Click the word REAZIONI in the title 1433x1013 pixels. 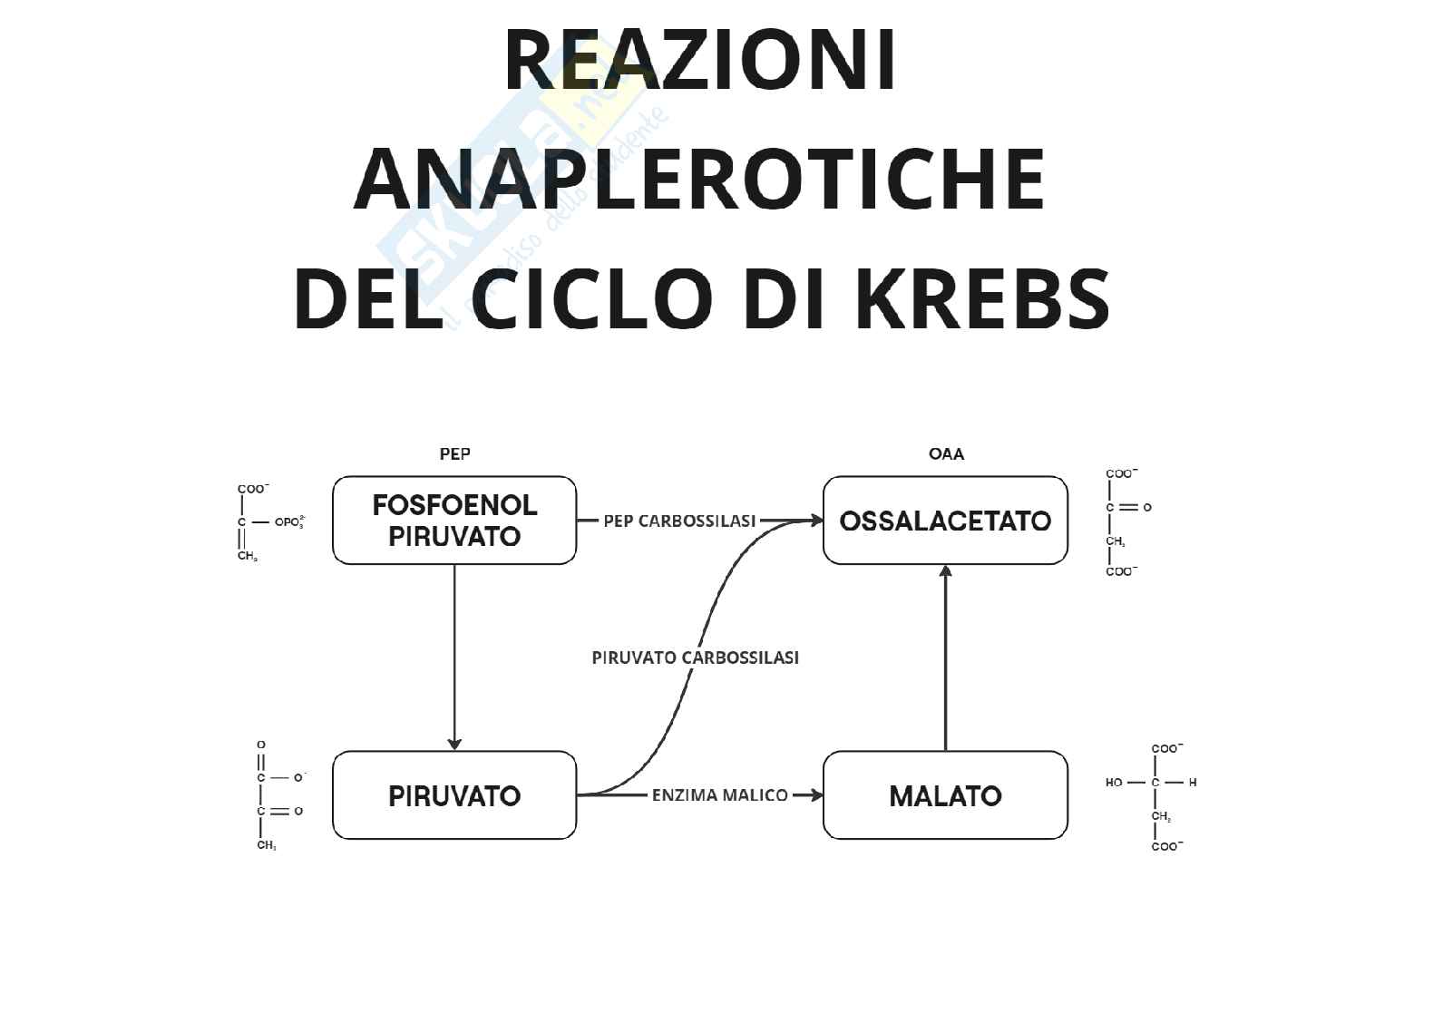(x=700, y=61)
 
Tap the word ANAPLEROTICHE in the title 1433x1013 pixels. (x=699, y=179)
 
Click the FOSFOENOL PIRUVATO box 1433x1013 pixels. (x=454, y=521)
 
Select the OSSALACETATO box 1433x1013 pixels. (x=945, y=521)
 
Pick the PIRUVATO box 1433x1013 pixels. (x=454, y=795)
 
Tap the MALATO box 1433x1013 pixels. (x=945, y=795)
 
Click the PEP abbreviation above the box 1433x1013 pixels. (x=454, y=453)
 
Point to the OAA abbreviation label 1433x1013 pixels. (x=946, y=453)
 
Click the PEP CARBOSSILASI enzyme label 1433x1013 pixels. (x=679, y=521)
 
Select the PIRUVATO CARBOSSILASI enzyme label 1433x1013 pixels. (x=695, y=657)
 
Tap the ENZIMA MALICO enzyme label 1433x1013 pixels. (x=719, y=795)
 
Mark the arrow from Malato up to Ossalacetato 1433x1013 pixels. (x=946, y=657)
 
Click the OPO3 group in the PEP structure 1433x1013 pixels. (x=289, y=523)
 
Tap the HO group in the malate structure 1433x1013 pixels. (x=1114, y=783)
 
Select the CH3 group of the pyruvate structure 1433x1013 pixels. (x=266, y=846)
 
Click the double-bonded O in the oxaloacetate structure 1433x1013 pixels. (x=1147, y=508)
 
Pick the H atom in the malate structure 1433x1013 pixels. (x=1193, y=783)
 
